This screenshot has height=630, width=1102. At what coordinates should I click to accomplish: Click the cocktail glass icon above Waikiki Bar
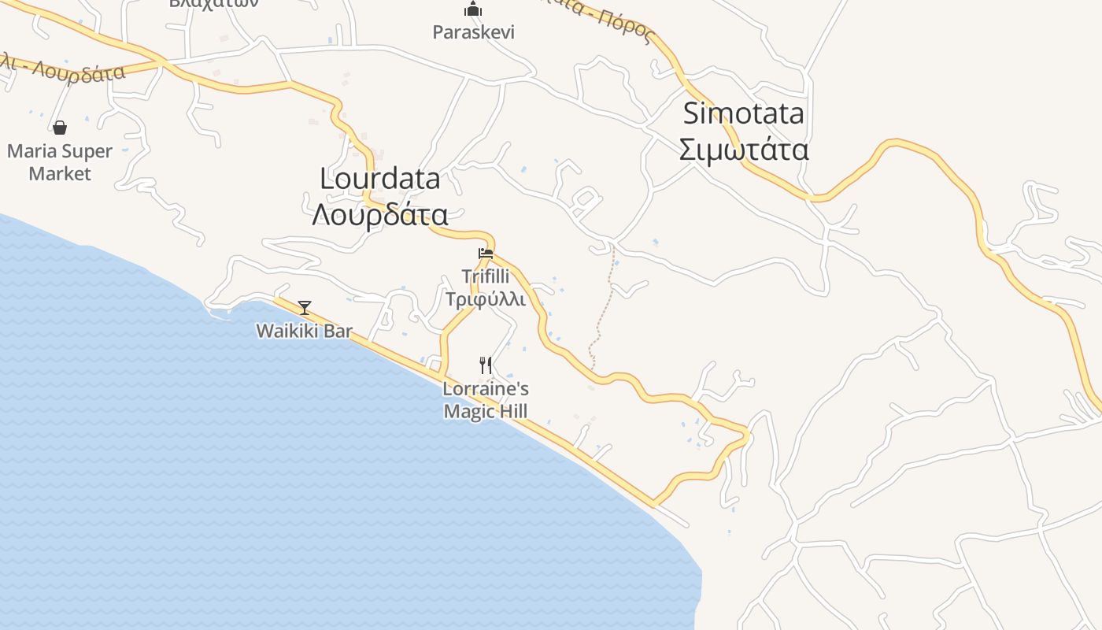[305, 307]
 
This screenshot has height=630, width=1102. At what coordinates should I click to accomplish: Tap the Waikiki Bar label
[305, 331]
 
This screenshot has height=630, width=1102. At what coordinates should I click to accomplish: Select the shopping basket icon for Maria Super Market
[60, 128]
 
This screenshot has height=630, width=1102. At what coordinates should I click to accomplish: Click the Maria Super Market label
[60, 162]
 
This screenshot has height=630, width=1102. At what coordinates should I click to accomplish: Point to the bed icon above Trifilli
[486, 254]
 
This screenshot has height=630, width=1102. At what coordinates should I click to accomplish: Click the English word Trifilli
[486, 276]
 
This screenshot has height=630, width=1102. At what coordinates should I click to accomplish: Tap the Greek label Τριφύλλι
[486, 299]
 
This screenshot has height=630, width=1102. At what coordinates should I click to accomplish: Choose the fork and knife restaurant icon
[486, 365]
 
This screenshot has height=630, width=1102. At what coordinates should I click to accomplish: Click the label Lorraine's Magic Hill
[486, 400]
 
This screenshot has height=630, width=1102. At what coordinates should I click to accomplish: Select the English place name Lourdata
[380, 179]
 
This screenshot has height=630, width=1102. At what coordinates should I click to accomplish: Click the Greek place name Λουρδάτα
[380, 214]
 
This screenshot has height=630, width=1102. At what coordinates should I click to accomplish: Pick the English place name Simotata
[744, 113]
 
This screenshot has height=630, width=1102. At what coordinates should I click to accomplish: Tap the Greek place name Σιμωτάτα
[744, 149]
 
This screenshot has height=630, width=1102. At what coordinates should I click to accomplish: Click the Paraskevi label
[474, 32]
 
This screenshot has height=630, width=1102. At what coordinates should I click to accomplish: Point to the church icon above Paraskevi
[473, 9]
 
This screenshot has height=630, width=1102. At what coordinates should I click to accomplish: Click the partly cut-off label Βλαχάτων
[214, 3]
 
